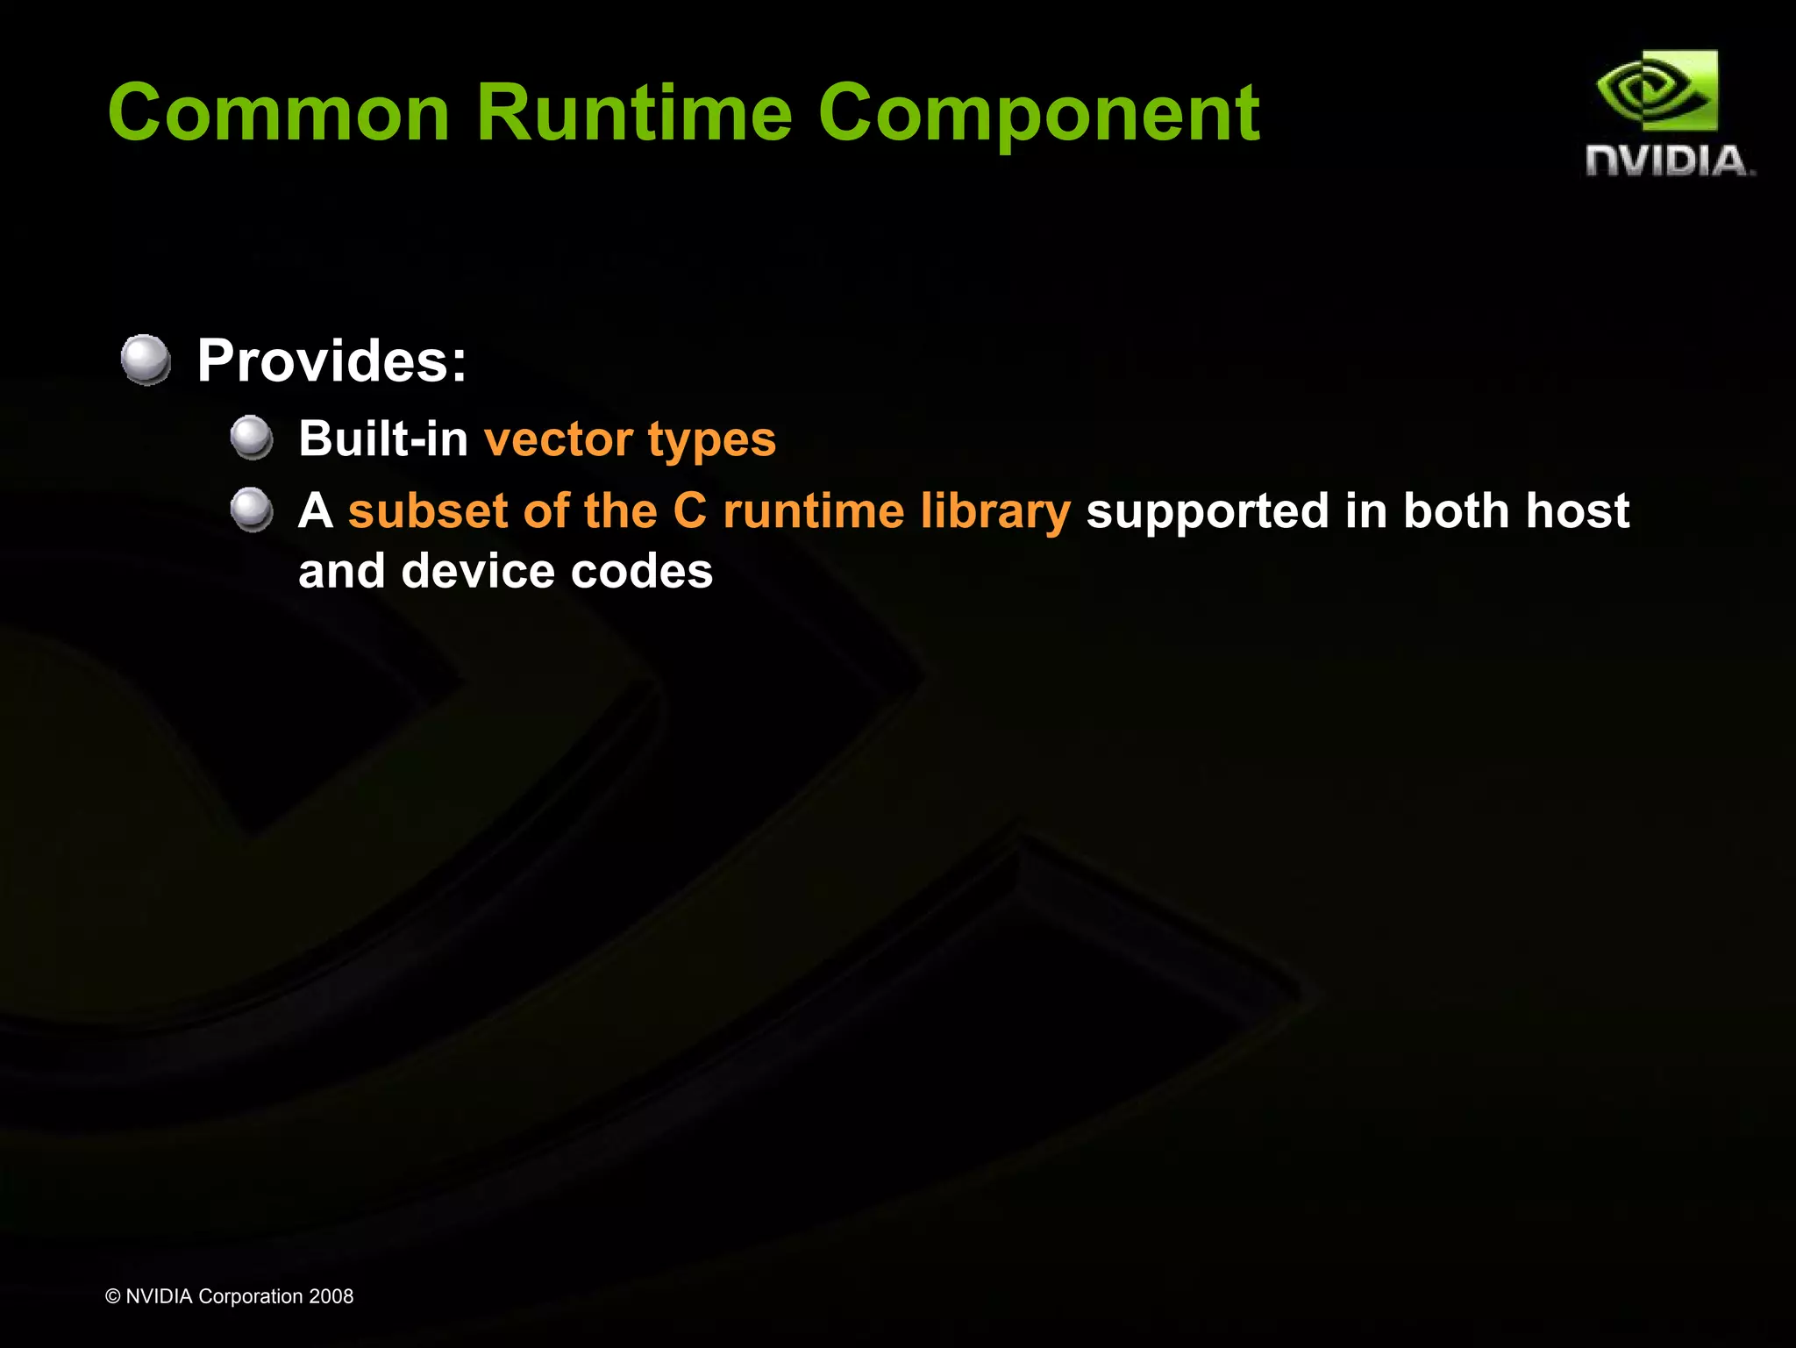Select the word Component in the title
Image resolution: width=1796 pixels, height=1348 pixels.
tap(1038, 114)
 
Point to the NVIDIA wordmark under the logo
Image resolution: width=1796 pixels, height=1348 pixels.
tap(1669, 161)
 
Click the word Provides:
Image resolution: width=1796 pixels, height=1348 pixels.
tap(331, 360)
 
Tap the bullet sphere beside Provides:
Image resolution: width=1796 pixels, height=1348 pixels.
tap(146, 359)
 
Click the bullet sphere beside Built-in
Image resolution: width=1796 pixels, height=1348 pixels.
tap(253, 437)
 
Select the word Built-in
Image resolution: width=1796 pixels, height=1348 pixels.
tap(383, 438)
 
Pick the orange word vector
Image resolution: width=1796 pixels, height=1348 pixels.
tap(559, 439)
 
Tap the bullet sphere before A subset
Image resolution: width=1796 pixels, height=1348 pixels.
tap(253, 510)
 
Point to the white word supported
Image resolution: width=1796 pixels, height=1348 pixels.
tap(1208, 511)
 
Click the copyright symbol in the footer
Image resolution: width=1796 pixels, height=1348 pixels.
tap(113, 1296)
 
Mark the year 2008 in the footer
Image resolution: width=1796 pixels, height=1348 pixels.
tap(331, 1296)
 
